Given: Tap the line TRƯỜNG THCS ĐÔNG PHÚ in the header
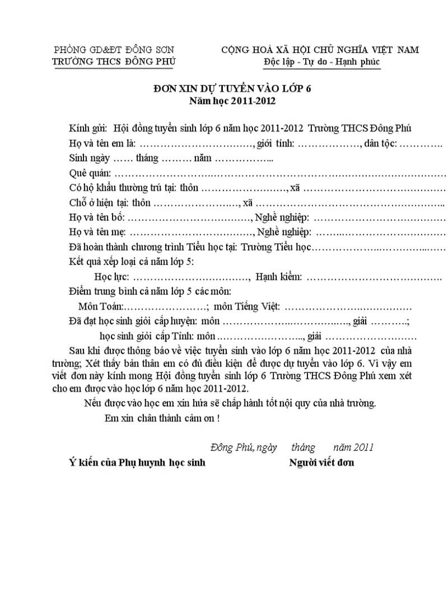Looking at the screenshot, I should [114, 61].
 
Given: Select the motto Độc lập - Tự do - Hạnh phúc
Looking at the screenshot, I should [321, 61].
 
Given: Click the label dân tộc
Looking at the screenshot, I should [381, 144].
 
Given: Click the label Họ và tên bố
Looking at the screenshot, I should [97, 217].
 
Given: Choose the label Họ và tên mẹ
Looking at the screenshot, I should [97, 231].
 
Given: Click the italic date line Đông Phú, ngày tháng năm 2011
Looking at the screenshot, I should [292, 447].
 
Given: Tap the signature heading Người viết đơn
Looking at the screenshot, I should [321, 462].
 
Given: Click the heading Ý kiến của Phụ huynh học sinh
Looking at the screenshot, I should [137, 462].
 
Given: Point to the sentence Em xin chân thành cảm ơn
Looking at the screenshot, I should [162, 418].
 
